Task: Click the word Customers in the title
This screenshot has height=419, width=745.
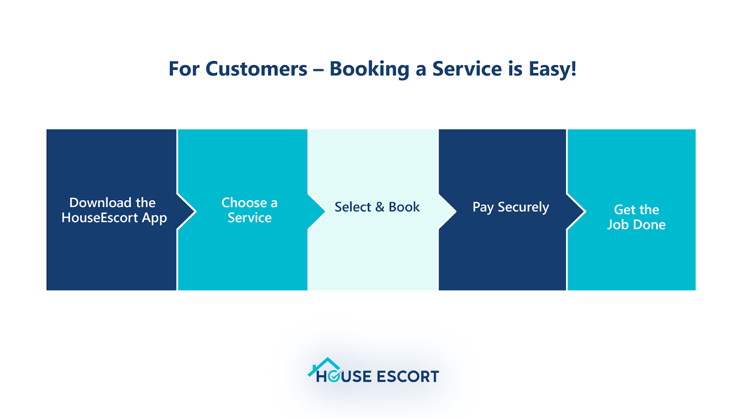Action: click(257, 69)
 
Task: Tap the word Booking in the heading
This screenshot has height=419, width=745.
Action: click(369, 69)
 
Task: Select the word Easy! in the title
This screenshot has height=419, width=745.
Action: click(552, 69)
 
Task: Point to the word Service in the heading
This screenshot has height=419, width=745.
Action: click(467, 69)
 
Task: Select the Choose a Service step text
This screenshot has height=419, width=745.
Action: click(250, 210)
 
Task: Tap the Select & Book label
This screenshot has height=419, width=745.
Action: click(377, 207)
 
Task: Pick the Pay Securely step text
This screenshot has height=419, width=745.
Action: click(511, 207)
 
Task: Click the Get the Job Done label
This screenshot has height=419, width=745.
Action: click(636, 217)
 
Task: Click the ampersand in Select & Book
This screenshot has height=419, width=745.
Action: click(379, 207)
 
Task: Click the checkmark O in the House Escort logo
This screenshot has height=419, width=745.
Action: click(334, 377)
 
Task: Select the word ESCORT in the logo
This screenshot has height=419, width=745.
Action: click(407, 377)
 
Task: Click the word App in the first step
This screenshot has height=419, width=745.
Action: click(154, 218)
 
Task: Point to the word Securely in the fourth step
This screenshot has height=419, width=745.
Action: click(523, 207)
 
